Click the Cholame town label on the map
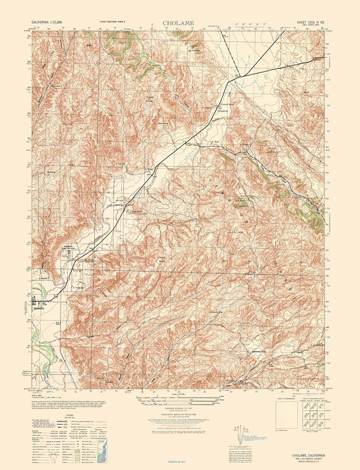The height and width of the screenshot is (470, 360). coord(222,111)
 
